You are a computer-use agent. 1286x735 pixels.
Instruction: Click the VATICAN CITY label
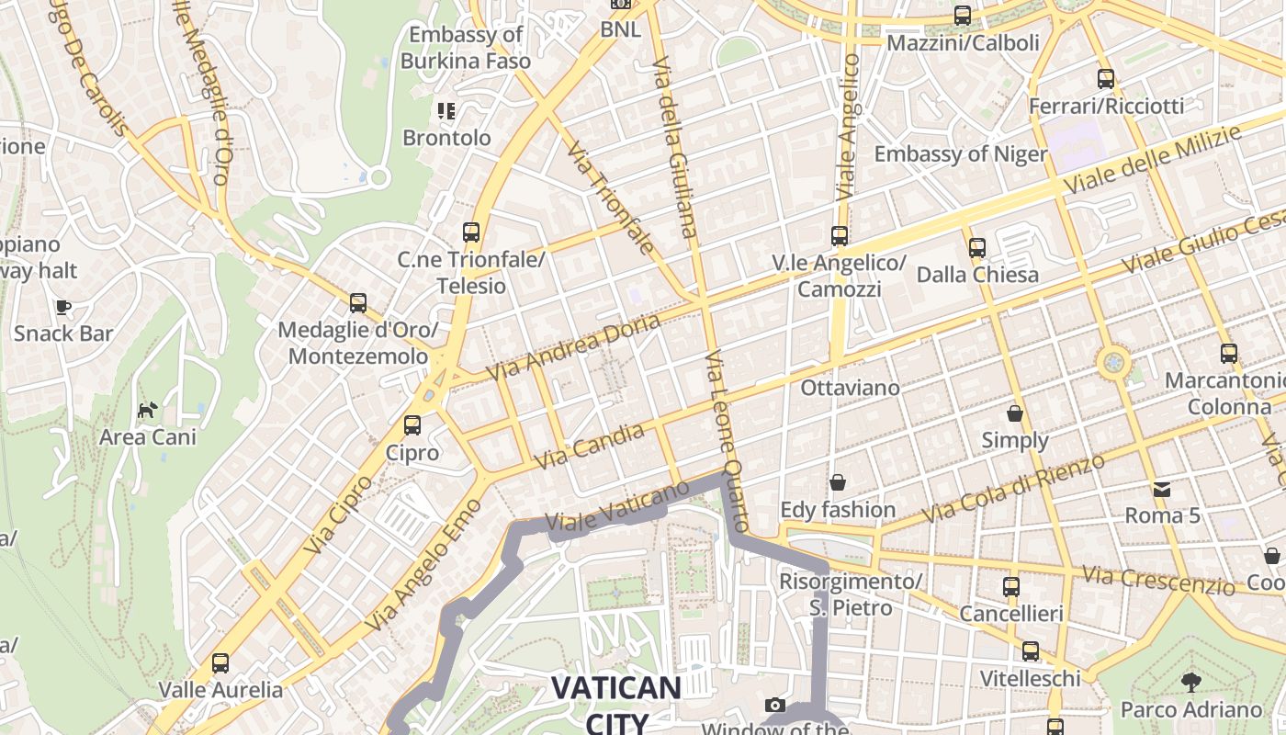click(616, 704)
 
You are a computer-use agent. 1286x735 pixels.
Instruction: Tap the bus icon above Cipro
click(412, 425)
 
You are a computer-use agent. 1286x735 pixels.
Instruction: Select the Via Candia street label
click(590, 446)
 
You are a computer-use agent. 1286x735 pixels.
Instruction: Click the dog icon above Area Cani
click(147, 410)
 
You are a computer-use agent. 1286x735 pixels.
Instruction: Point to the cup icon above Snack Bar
click(62, 307)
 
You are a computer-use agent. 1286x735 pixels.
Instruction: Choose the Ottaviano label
click(850, 388)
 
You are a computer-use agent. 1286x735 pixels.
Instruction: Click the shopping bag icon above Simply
click(1015, 413)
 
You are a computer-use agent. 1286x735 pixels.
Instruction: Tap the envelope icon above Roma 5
click(1163, 489)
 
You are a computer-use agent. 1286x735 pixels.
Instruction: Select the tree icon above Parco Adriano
click(1191, 683)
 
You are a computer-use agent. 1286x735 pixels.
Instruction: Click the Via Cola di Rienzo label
click(1014, 488)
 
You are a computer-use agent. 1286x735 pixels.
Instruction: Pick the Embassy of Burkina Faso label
click(466, 48)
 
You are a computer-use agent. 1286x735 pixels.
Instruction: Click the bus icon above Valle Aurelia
click(220, 663)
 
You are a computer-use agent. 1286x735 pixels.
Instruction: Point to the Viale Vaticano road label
click(616, 506)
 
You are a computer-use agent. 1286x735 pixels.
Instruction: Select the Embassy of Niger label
click(960, 153)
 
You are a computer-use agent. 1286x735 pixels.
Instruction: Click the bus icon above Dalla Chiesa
click(977, 247)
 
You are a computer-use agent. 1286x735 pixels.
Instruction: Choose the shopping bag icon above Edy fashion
click(838, 482)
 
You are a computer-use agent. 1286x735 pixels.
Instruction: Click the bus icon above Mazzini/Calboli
click(963, 16)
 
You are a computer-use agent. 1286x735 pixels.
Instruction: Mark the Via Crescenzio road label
click(1157, 580)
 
